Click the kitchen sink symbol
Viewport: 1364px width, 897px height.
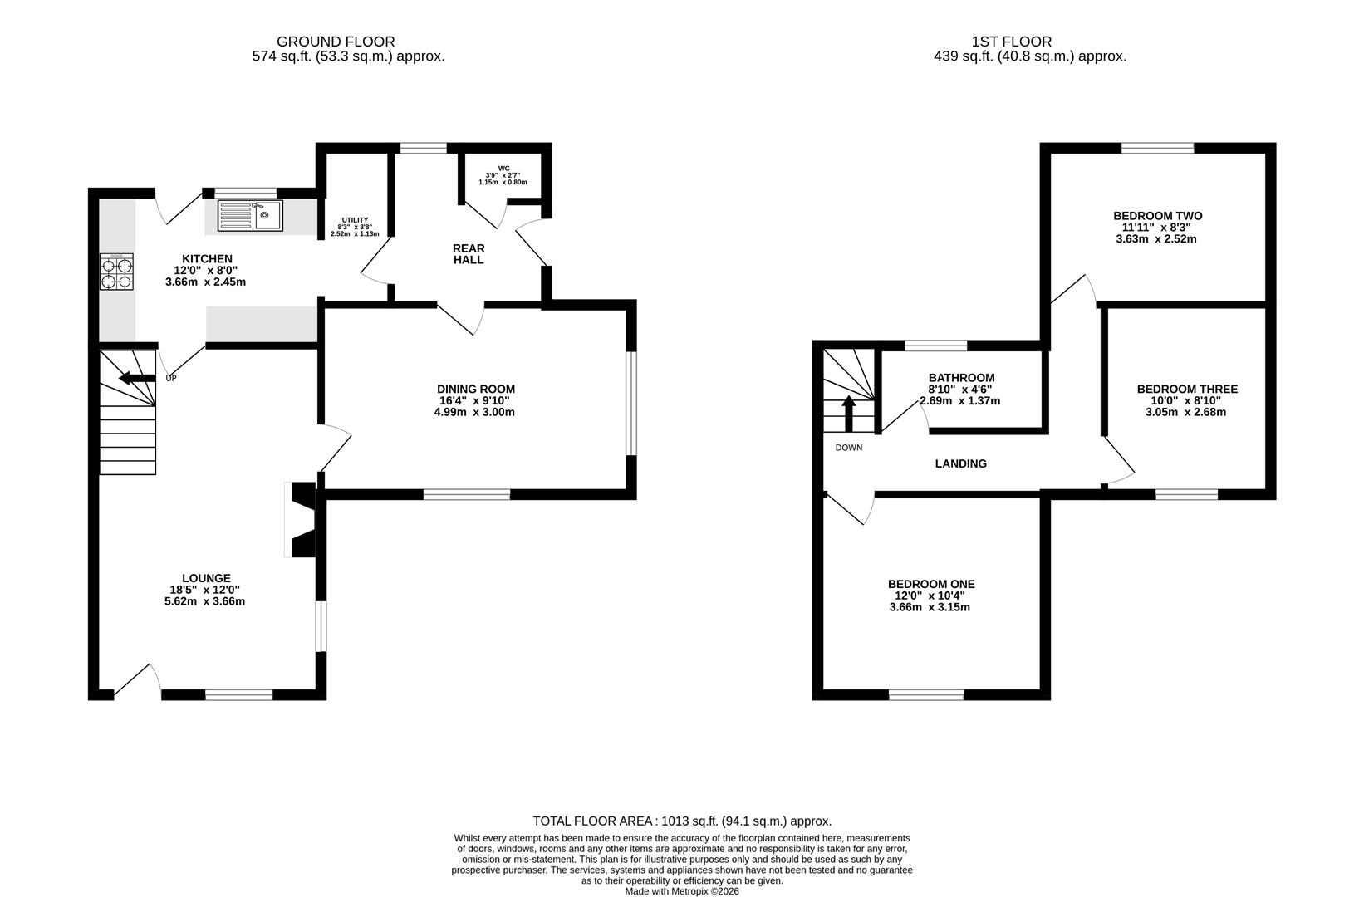pos(250,216)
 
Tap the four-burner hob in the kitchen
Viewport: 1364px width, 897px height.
pos(117,272)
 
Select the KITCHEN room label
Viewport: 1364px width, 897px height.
pos(207,259)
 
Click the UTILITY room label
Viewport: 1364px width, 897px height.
pos(355,220)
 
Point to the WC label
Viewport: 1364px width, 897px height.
pos(503,168)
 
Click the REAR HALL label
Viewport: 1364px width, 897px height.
pos(469,254)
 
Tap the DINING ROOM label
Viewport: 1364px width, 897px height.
pos(476,390)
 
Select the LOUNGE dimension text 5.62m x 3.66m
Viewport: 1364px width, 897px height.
pos(204,601)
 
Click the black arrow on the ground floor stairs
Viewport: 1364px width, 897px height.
pos(136,379)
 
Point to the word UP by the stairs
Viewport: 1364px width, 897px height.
pos(171,378)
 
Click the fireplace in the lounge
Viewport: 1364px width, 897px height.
pos(302,519)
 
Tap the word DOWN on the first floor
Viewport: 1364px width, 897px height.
pos(849,448)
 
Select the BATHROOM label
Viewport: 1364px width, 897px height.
pos(961,378)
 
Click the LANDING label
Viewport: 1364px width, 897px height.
pos(961,463)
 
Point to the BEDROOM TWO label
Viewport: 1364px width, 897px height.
pos(1158,216)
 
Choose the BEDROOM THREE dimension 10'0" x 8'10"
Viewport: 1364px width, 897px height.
pos(1187,400)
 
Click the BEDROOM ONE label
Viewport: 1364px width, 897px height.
pos(931,584)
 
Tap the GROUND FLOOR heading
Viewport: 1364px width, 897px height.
pos(336,42)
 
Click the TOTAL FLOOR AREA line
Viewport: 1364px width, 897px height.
pos(682,821)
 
